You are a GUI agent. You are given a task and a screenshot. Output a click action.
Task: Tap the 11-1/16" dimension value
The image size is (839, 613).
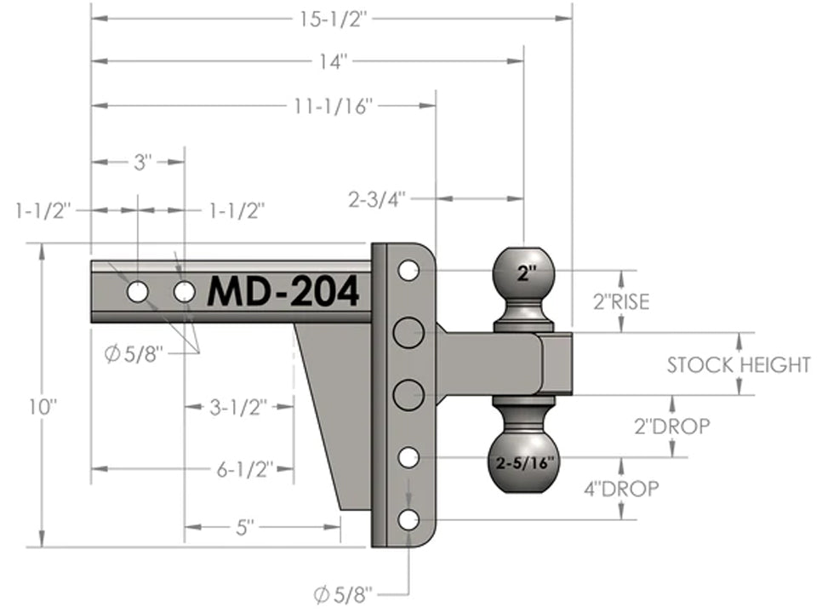tap(334, 106)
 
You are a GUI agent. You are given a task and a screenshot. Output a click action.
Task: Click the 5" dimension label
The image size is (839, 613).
tap(245, 528)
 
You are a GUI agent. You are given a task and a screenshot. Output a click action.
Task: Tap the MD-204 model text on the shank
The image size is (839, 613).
tap(283, 292)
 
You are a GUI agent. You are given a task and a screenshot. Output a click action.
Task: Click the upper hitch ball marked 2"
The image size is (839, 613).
tap(525, 274)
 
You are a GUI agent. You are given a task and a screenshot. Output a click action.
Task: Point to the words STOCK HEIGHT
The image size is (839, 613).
tap(739, 365)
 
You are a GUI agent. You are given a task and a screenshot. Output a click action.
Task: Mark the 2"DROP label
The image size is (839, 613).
tap(671, 427)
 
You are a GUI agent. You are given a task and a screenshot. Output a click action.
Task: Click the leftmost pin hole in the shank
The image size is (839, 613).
tap(137, 292)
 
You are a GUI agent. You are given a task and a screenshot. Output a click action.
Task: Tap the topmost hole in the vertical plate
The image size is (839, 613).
tap(408, 271)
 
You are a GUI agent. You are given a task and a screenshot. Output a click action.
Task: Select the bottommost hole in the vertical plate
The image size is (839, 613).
tap(408, 519)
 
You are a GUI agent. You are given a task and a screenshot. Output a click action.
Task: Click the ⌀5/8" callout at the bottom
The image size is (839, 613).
tap(343, 593)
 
